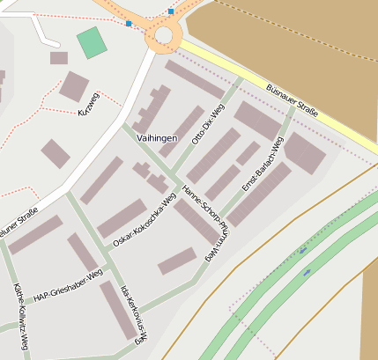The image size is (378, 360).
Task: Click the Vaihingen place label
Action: pos(158,139)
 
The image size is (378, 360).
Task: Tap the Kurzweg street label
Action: pos(89,104)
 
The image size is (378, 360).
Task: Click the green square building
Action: pos(90,42)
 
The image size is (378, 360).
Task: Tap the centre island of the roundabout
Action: pos(163,34)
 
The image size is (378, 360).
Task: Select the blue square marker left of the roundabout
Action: pos(130,23)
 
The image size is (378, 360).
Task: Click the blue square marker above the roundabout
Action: pos(170,11)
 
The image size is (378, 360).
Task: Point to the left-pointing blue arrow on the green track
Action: pos(302,251)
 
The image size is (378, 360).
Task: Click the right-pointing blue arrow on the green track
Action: pos(307,273)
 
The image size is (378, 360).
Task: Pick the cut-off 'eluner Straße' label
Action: pos(19,218)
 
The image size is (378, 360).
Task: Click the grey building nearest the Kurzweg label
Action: pos(73,85)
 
